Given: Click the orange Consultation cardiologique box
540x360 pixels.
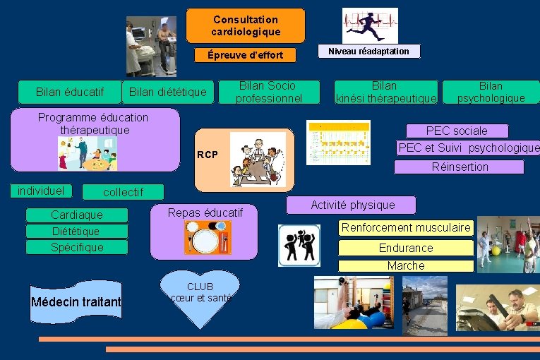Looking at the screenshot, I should tap(246, 25).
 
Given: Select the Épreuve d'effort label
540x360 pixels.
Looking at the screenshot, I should tap(246, 55).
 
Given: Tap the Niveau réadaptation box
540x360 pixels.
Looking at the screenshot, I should tap(368, 51).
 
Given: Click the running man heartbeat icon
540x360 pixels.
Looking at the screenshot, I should tap(369, 25).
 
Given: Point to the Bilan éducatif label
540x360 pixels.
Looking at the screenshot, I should tap(70, 92).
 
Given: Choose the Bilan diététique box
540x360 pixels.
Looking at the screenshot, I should tap(168, 92).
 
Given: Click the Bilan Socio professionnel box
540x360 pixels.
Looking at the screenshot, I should tap(268, 92).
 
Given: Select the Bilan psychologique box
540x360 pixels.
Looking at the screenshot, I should tap(491, 92).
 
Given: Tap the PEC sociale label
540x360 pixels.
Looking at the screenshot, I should tap(457, 131).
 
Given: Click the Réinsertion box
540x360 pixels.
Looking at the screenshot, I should tap(459, 167).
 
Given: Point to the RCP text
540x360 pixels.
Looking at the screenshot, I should tap(208, 155).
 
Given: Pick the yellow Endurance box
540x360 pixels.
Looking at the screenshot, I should tap(406, 248).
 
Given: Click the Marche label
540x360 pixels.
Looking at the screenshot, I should tap(406, 266).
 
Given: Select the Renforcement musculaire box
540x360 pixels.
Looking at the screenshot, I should tap(406, 228).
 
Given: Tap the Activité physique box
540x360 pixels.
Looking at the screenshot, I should tap(352, 205).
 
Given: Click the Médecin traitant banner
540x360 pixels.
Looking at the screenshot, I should tap(76, 302).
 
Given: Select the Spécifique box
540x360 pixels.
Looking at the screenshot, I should tap(77, 247).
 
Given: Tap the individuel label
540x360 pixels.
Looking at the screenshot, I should tap(41, 191).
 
